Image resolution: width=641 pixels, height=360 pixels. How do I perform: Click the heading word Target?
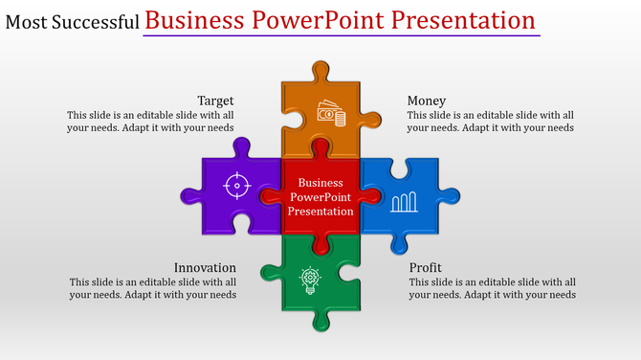click(x=215, y=101)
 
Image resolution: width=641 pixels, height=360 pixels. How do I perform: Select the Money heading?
click(x=426, y=101)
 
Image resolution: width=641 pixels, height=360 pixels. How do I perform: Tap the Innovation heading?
click(x=205, y=268)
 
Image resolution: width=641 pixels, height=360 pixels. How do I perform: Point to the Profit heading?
click(x=425, y=268)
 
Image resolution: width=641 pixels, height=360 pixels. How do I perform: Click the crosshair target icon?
click(x=237, y=184)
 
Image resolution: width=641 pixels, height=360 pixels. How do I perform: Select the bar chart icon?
click(x=405, y=200)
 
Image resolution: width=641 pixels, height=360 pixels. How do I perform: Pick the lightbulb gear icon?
click(x=310, y=280)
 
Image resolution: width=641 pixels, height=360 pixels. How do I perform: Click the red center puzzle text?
click(x=320, y=196)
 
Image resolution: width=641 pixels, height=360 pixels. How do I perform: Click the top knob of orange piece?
click(x=320, y=71)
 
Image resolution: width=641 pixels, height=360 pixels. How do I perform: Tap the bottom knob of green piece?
click(x=320, y=321)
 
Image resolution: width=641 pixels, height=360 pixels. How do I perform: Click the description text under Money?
click(x=490, y=122)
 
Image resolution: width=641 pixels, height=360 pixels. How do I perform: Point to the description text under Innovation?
click(x=153, y=288)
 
